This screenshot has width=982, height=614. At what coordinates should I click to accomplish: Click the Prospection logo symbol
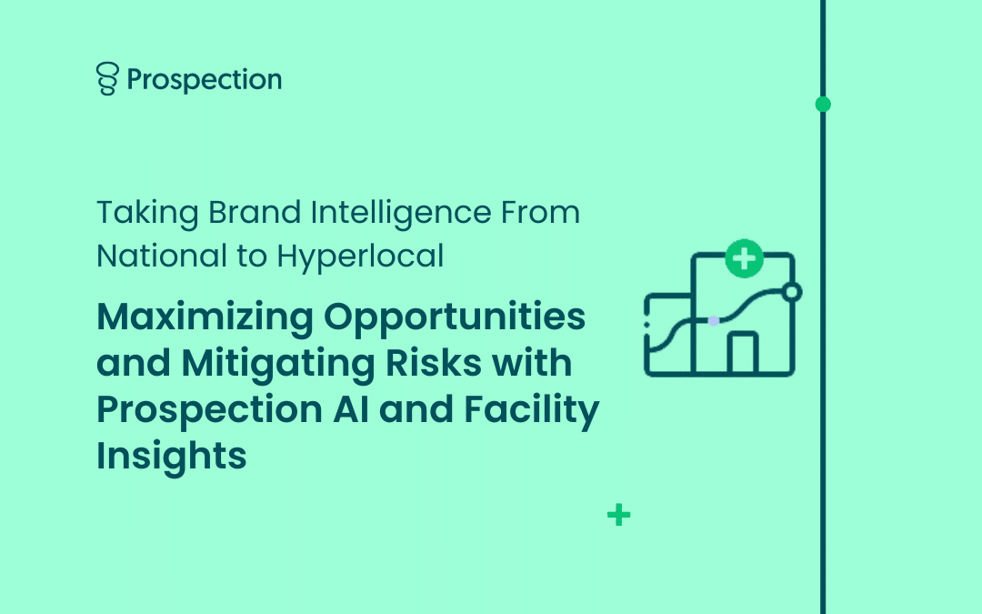107,78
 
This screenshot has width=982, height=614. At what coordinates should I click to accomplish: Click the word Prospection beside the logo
205,80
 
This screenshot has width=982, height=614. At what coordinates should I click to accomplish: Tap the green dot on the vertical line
823,104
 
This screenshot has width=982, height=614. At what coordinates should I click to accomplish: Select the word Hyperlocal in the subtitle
360,257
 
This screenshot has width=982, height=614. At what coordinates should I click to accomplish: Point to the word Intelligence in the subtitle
401,213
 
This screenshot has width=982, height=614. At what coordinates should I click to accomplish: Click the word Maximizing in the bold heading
205,317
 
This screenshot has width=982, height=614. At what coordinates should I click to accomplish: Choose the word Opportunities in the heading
455,317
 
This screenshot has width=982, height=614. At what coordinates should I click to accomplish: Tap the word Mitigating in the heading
278,364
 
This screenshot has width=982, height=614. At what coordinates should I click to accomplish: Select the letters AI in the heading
351,409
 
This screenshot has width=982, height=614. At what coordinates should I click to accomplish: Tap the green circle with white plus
744,258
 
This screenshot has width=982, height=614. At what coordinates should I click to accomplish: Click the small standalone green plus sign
619,515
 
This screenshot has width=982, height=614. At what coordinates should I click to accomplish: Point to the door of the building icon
743,353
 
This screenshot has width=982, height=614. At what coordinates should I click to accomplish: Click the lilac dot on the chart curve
714,321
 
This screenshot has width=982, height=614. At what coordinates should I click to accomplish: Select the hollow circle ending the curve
792,292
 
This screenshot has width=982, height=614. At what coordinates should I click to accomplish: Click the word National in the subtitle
162,257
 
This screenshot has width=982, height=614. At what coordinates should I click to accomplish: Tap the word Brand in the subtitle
255,212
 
